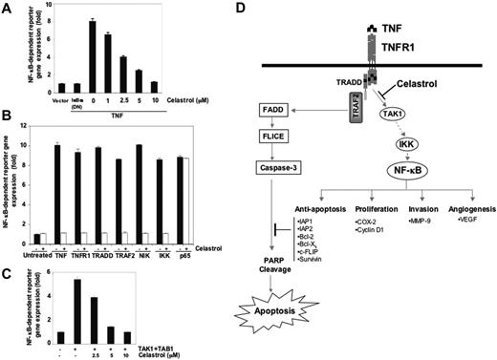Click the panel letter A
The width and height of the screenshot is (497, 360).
coord(7,8)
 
